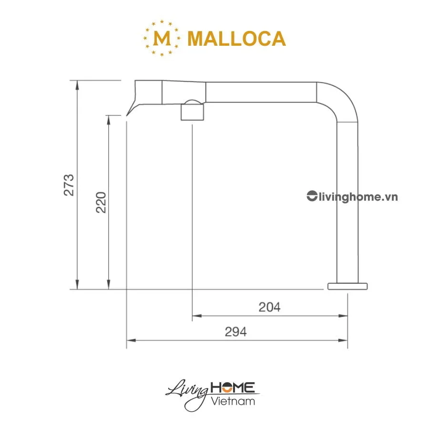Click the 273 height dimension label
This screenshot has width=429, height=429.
point(70,184)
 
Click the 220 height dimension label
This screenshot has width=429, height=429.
point(101,202)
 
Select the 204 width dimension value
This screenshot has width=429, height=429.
point(269,307)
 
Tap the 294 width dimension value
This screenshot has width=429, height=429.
point(236,332)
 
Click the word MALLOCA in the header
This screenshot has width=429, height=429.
point(236,39)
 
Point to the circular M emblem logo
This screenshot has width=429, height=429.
point(163,38)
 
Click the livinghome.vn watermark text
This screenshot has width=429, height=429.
point(358,196)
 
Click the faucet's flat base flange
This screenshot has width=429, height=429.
point(347,286)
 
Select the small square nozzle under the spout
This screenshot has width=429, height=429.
point(192,113)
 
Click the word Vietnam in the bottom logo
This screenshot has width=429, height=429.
point(233,401)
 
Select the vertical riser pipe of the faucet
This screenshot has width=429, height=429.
point(347,200)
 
